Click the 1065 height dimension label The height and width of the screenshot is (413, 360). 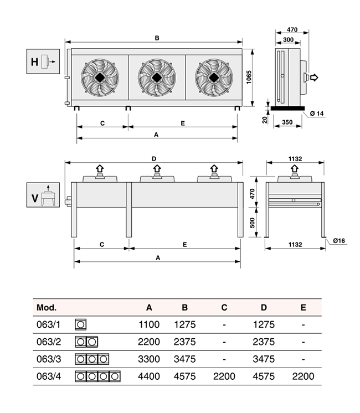tap(249, 77)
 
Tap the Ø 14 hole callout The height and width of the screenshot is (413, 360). tap(317, 113)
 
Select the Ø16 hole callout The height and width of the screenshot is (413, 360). tap(339, 241)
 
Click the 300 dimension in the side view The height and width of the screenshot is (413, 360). tap(289, 39)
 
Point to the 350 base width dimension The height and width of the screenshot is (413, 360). tap(287, 122)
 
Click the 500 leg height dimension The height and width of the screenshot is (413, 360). tap(252, 223)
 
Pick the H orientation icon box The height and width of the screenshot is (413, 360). tap(43, 61)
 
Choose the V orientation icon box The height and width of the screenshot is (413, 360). tap(43, 195)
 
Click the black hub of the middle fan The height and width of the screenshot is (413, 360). tap(157, 78)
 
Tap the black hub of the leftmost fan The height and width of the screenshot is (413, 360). tap(100, 78)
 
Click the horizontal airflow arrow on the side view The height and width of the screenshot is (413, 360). tap(314, 78)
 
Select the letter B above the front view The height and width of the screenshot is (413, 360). tap(157, 38)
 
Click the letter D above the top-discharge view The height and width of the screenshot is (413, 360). tap(154, 159)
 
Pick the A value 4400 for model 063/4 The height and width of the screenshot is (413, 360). tap(149, 376)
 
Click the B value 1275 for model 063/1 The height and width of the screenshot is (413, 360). tap(185, 324)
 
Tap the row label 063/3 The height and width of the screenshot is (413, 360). tap(49, 359)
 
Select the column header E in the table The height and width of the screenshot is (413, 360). tap(304, 307)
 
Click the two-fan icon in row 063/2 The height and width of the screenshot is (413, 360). tap(86, 342)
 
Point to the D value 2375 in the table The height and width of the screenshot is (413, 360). tap(264, 342)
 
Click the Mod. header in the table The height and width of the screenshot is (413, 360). tap(47, 307)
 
